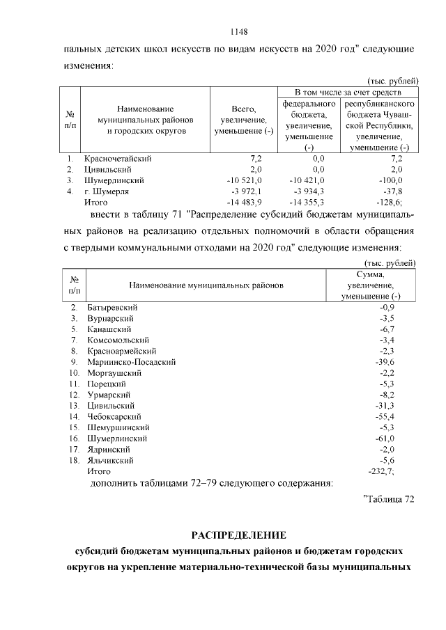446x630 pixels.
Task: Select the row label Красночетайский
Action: click(117, 158)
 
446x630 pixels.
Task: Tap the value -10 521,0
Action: click(243, 180)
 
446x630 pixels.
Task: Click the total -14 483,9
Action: click(241, 202)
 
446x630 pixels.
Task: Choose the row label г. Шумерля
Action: click(106, 191)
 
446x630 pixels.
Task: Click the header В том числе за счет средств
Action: click(346, 92)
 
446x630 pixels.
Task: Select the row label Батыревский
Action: click(112, 306)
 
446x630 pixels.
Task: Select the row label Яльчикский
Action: click(109, 460)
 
